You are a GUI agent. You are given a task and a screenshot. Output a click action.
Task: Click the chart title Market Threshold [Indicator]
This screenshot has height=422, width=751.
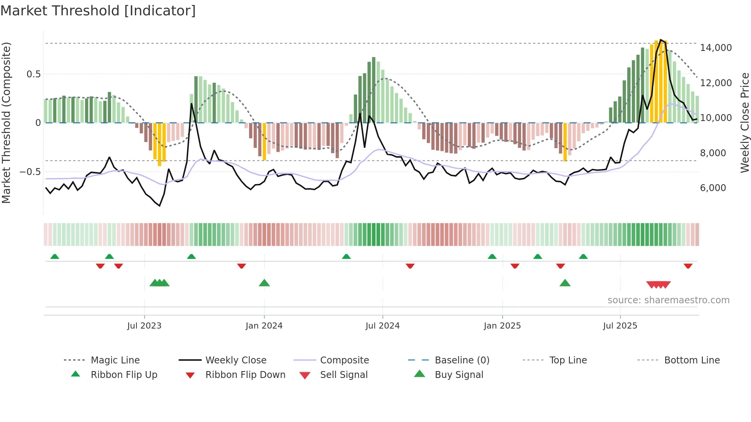[98, 11]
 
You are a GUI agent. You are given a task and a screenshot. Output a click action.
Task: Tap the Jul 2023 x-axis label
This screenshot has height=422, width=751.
[144, 326]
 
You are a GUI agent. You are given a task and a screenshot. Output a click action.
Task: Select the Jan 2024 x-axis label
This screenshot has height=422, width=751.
[264, 326]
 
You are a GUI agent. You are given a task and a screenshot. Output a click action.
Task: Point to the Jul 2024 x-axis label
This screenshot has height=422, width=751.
[382, 326]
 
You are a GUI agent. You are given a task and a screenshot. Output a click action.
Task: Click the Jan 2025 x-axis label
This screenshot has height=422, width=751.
[502, 326]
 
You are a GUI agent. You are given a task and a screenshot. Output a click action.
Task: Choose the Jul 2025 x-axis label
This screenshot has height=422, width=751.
[620, 326]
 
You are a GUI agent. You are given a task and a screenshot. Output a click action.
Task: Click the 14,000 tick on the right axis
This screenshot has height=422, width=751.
[716, 48]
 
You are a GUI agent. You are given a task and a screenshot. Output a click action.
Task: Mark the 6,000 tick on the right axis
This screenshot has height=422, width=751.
[713, 188]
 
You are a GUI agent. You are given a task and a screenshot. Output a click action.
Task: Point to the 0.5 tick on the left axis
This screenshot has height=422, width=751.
[34, 74]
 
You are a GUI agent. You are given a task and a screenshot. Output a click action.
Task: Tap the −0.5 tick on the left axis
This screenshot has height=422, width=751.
[30, 172]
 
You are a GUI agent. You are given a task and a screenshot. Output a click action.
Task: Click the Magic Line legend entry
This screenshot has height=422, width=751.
[115, 360]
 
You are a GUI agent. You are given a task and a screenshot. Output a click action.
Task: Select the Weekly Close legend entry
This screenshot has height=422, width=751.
[236, 360]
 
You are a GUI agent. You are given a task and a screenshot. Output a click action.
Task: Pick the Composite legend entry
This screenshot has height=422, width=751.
[344, 360]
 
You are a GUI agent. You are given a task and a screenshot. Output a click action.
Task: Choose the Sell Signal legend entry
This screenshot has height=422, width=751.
[344, 375]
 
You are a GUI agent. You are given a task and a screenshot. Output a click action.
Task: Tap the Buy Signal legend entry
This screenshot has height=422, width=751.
[459, 375]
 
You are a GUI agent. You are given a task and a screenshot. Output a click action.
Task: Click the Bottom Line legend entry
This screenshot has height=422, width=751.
[692, 360]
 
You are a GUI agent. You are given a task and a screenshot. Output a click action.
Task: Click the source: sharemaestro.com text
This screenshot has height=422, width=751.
[668, 300]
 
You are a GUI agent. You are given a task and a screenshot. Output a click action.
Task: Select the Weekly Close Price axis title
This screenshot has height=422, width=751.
[744, 123]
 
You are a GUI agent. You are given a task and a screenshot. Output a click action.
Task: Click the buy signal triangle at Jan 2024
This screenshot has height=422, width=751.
[264, 283]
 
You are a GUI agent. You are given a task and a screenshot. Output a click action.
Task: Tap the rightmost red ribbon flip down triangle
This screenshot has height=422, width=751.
[688, 266]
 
